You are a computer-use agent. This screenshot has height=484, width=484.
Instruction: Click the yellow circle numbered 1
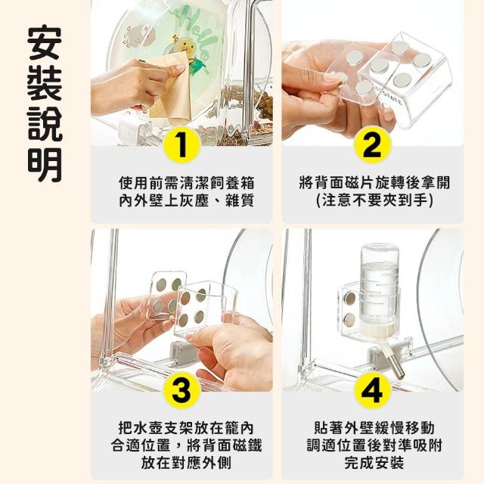(x=181, y=145)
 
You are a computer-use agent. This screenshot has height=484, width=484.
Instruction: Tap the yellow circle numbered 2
(x=373, y=145)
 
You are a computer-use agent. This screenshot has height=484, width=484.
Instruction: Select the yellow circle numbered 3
(x=181, y=390)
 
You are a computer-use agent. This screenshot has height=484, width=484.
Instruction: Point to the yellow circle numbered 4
(x=373, y=390)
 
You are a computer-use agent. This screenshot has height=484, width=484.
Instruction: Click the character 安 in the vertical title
(x=45, y=42)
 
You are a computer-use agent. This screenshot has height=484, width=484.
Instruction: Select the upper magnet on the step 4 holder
(x=349, y=298)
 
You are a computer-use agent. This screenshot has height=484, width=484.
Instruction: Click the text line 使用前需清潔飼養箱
(x=187, y=183)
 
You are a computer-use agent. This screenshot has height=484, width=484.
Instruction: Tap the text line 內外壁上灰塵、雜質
(x=187, y=201)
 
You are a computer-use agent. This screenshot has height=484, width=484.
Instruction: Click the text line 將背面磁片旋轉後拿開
(x=374, y=183)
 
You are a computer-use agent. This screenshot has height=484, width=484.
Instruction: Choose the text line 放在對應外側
(x=187, y=463)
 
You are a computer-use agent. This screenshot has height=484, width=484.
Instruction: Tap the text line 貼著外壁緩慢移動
(x=374, y=428)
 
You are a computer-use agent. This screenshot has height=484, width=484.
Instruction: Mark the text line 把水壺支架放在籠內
(x=187, y=428)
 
